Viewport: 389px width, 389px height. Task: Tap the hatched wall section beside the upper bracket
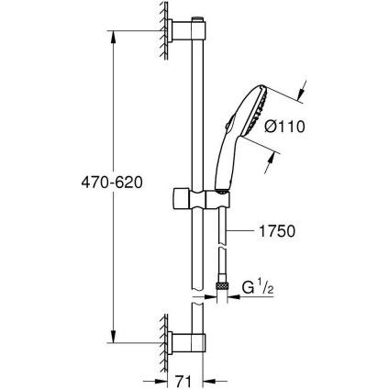163,34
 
